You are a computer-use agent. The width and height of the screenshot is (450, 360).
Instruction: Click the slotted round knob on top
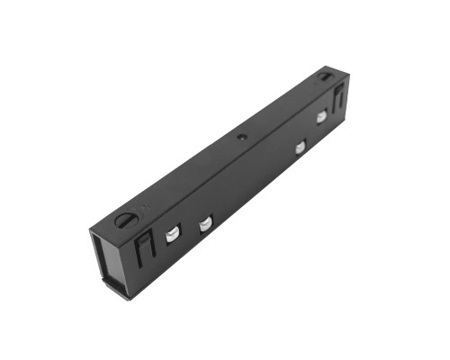125,217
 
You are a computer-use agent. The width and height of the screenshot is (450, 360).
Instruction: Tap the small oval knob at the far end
324,76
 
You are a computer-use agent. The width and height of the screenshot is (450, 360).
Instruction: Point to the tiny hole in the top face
240,139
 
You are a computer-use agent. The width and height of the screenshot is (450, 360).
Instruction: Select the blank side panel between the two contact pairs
252,184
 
